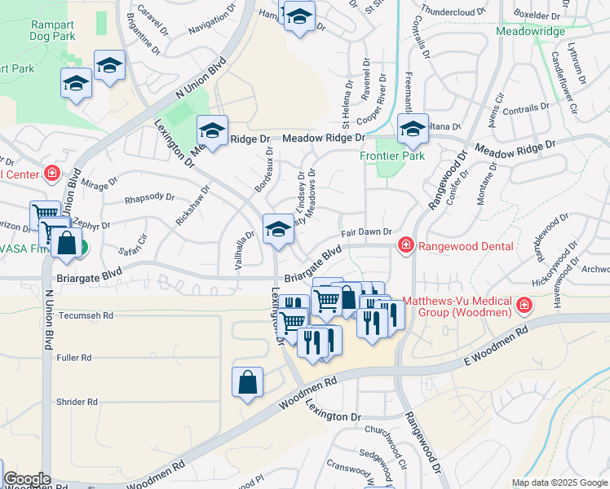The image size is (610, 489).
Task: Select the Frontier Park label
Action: coord(392,156)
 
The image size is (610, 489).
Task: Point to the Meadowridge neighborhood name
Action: coord(529,31)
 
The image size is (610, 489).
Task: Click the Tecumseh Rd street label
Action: coord(86,315)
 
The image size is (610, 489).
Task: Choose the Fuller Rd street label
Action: coord(74,358)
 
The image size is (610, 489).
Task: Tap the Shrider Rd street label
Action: coord(77,402)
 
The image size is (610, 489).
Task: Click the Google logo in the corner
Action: coord(27,479)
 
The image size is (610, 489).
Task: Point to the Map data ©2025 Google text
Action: coord(559,482)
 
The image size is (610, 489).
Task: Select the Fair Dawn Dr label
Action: coord(367,232)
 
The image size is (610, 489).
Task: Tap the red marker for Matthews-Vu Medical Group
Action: coord(523,306)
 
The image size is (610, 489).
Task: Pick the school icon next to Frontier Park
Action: coord(413,129)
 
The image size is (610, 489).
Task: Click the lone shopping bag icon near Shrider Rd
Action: coord(248,382)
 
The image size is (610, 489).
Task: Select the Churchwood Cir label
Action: coord(387,435)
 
